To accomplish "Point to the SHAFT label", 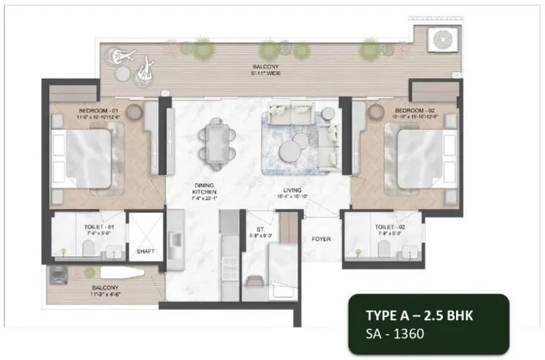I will (x=146, y=250).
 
